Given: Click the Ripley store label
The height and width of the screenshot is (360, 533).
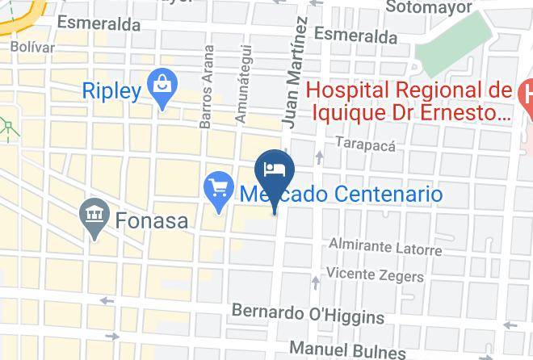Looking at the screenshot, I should pos(111,90).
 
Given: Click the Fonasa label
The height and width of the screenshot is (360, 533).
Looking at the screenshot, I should pos(150,220).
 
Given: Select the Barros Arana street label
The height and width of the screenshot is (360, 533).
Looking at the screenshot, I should pos(208,86).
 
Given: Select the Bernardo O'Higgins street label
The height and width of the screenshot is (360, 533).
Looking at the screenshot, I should pos(308,313).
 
